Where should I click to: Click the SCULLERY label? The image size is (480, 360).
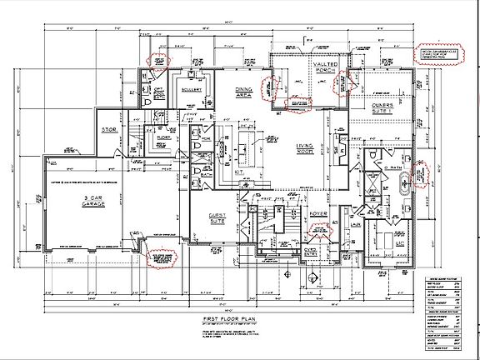[x=190, y=89]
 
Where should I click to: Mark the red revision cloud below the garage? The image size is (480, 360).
[x=158, y=257]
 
